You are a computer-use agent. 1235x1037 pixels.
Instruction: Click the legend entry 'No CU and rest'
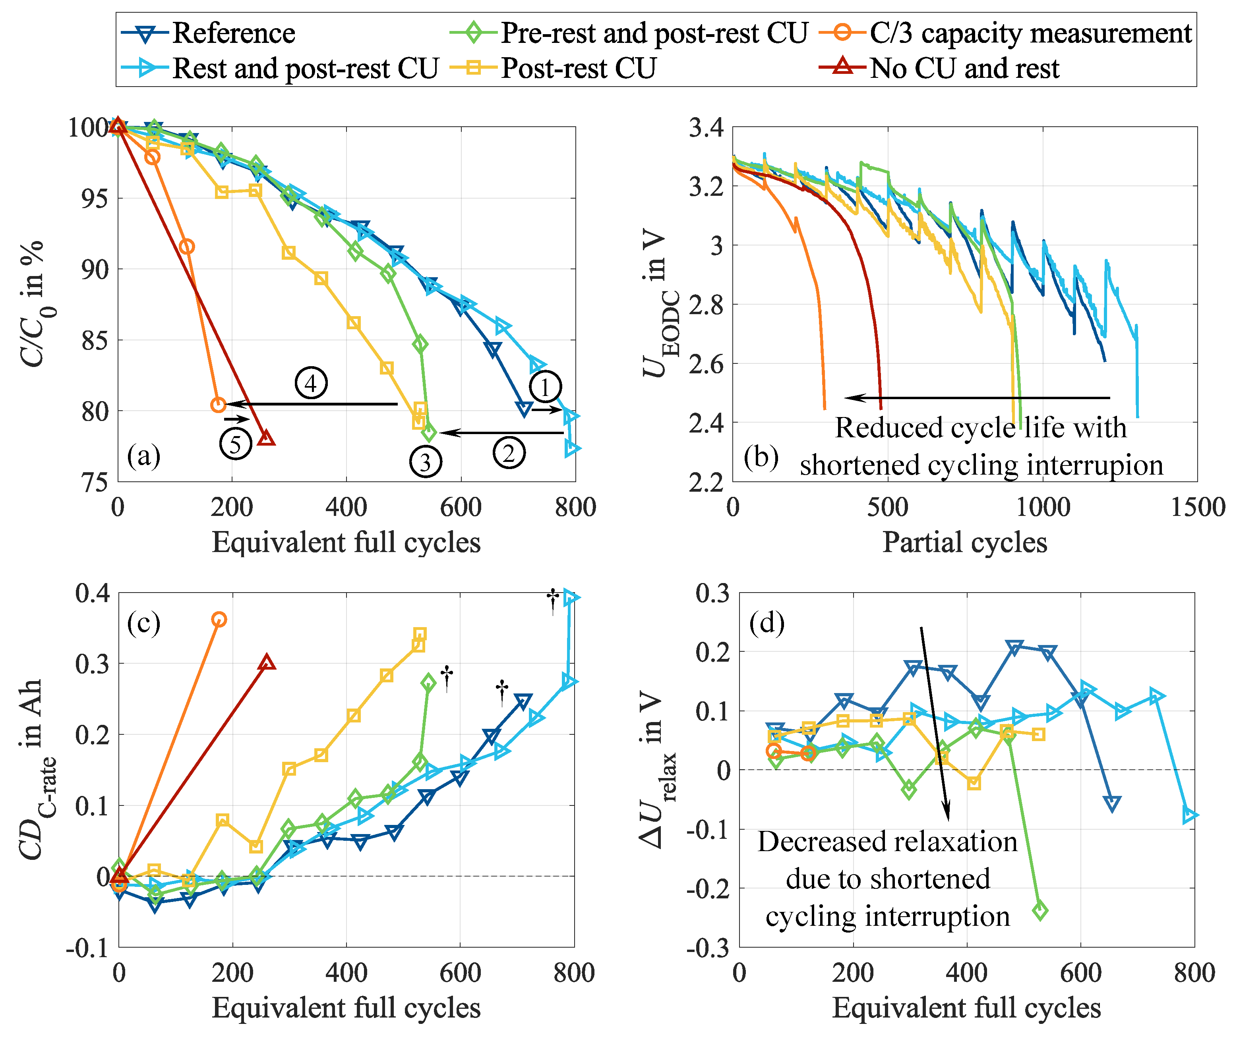pos(964,68)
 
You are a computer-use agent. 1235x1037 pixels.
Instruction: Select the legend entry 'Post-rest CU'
pos(578,68)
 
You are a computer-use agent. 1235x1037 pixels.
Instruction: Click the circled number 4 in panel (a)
pos(310,383)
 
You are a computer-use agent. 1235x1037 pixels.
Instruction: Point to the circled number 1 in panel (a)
pos(545,387)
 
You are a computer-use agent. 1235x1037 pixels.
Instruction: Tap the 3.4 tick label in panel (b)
pos(706,127)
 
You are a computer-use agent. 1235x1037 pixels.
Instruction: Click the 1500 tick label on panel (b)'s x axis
pos(1197,507)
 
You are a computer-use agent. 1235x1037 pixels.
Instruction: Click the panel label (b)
pos(761,457)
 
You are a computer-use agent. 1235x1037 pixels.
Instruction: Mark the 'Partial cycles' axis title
pos(964,542)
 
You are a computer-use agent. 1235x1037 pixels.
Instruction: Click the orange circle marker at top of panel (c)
pos(219,620)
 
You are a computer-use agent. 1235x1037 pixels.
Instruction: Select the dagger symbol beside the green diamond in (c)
pos(447,678)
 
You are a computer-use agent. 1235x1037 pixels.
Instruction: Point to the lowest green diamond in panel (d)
pos(1040,911)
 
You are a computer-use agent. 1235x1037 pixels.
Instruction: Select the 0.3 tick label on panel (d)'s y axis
pos(712,593)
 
